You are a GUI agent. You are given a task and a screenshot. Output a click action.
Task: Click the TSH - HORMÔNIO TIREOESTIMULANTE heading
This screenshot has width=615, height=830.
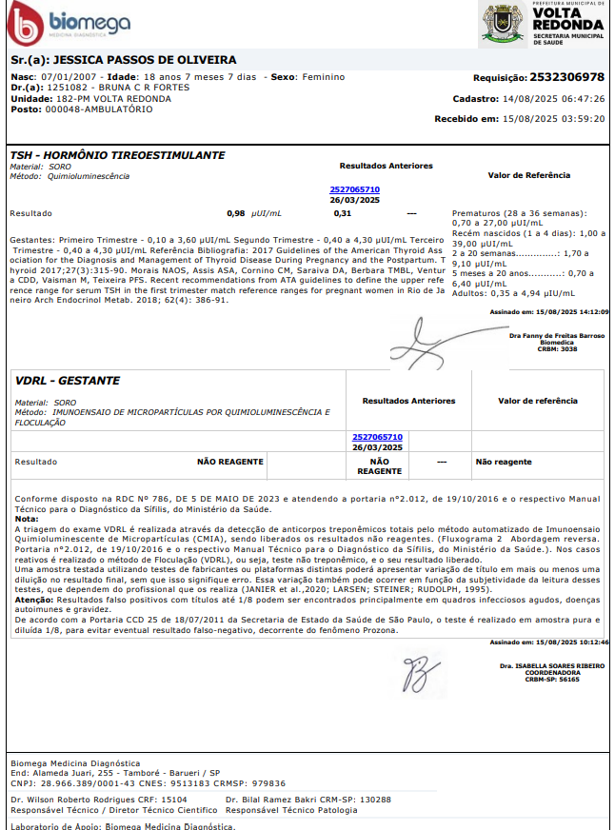pos(117,155)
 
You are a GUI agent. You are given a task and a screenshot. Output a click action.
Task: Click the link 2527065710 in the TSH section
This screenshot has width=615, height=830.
pos(354,189)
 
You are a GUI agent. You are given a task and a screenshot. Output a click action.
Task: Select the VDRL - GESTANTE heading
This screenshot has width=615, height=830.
pos(69,381)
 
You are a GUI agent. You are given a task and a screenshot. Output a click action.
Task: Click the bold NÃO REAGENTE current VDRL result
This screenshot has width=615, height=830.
pos(229,462)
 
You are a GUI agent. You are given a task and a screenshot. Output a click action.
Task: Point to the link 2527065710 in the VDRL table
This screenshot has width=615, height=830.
pos(377,437)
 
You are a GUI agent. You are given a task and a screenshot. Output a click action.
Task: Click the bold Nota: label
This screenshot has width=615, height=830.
pos(26,519)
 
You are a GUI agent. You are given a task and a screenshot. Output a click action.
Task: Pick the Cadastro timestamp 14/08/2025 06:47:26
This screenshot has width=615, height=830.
pos(555,98)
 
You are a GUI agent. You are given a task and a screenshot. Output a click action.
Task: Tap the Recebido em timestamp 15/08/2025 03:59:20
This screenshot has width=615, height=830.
pos(555,119)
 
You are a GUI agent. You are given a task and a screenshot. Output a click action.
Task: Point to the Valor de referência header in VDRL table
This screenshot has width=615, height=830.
pos(537,401)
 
